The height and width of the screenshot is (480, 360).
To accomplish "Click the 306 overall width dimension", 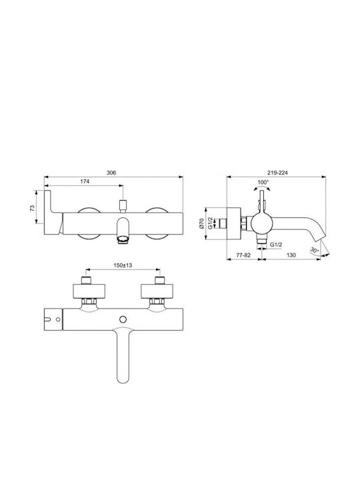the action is pyautogui.click(x=111, y=173).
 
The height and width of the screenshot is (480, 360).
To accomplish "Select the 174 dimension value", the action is pyautogui.click(x=85, y=181).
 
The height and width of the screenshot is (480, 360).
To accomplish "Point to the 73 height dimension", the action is pyautogui.click(x=32, y=208).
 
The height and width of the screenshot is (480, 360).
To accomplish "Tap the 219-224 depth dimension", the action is pyautogui.click(x=277, y=173).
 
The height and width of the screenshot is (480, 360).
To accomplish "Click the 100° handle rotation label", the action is pyautogui.click(x=263, y=182).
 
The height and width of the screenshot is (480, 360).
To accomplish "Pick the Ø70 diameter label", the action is pyautogui.click(x=201, y=224).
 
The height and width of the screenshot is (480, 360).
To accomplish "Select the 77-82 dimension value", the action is pyautogui.click(x=243, y=255).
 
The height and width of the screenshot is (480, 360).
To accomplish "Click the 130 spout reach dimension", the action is pyautogui.click(x=291, y=255).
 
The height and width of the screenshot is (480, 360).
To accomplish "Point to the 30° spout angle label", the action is pyautogui.click(x=315, y=250).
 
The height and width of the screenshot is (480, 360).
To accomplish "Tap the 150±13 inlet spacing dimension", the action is pyautogui.click(x=123, y=265).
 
